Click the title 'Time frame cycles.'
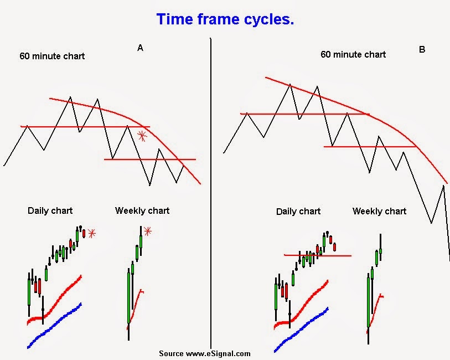click(225, 19)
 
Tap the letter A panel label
click(141, 48)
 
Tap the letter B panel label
click(422, 49)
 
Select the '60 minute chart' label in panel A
click(52, 56)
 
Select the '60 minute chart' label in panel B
click(353, 54)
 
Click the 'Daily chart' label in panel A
click(50, 210)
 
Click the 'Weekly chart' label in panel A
click(142, 210)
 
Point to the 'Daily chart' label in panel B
click(298, 212)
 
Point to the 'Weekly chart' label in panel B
click(379, 212)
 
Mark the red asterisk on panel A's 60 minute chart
click(142, 135)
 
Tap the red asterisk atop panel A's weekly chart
click(147, 231)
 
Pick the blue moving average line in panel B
click(302, 329)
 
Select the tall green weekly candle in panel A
click(129, 296)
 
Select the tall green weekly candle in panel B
click(368, 302)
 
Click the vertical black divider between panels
click(211, 194)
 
